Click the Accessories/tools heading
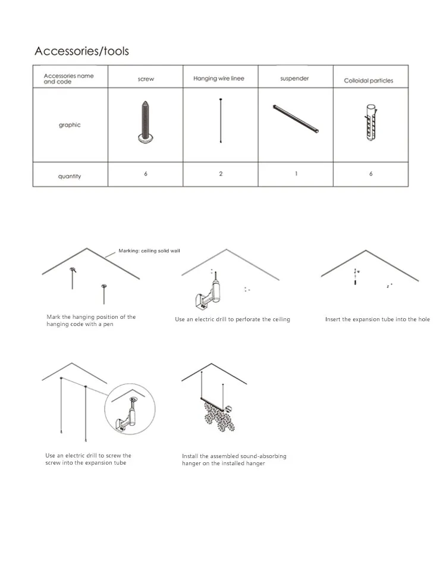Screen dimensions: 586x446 coord(81,51)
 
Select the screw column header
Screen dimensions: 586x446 coord(146,79)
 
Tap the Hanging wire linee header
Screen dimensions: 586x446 coord(218,79)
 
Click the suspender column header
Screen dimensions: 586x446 coord(294,79)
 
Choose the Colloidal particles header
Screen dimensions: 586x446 coord(368,80)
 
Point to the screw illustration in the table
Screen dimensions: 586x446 coord(145,122)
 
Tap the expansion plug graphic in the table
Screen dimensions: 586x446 coord(370,122)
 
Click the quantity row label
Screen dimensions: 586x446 coord(70,176)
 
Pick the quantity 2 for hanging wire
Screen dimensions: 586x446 coord(221,174)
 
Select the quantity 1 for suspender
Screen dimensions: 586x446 coord(296,174)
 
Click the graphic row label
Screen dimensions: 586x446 coord(70,125)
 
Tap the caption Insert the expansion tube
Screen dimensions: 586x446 coord(377,319)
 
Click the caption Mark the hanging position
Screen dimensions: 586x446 coord(91,320)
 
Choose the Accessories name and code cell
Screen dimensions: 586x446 coord(68,79)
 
